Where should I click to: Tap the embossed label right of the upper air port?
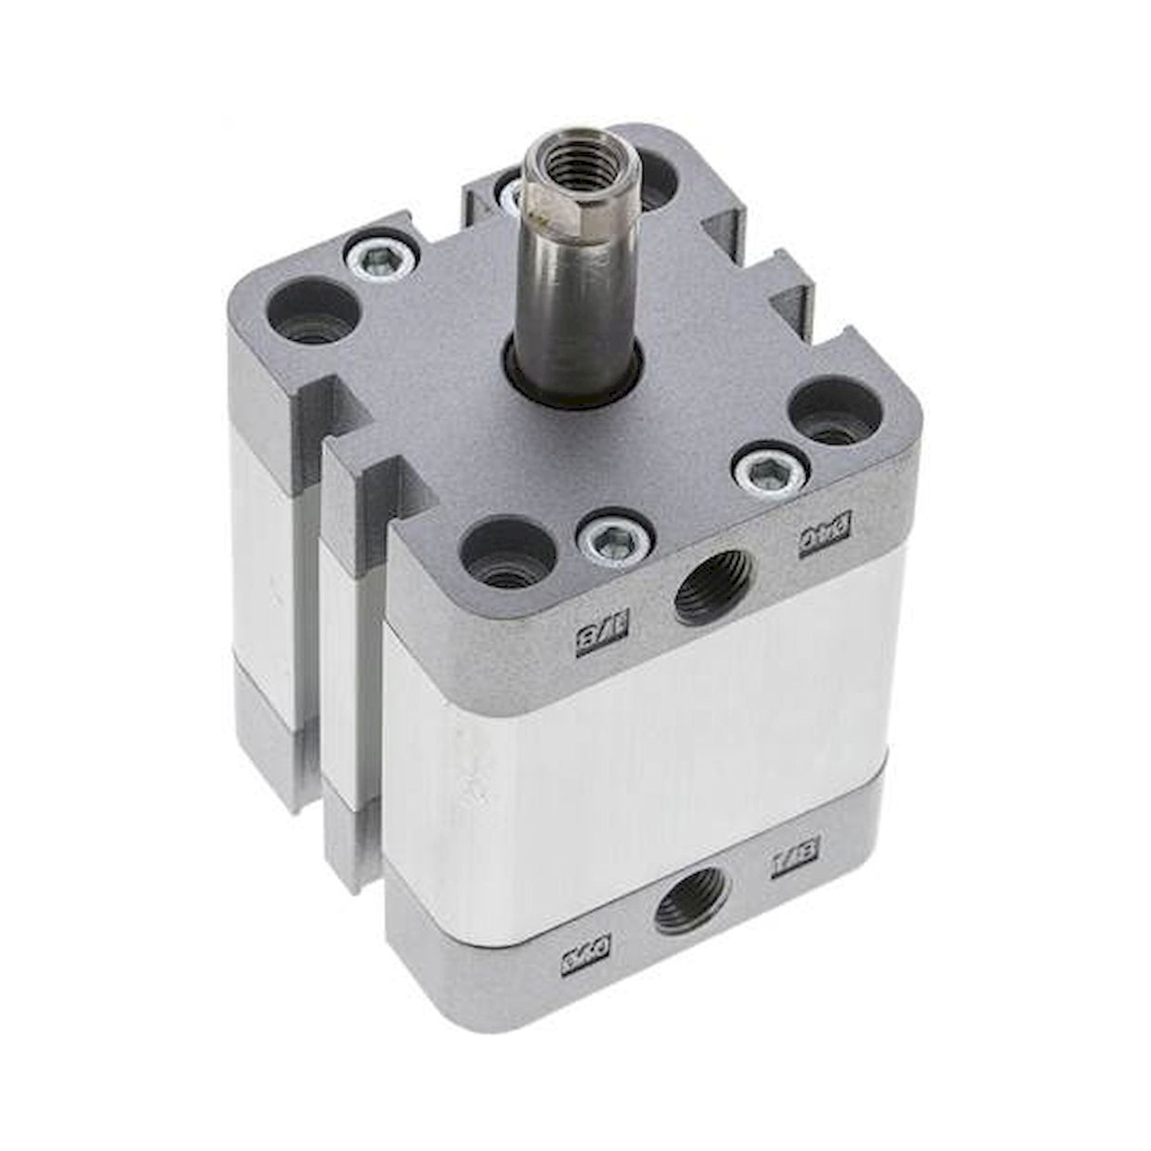click(825, 542)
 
